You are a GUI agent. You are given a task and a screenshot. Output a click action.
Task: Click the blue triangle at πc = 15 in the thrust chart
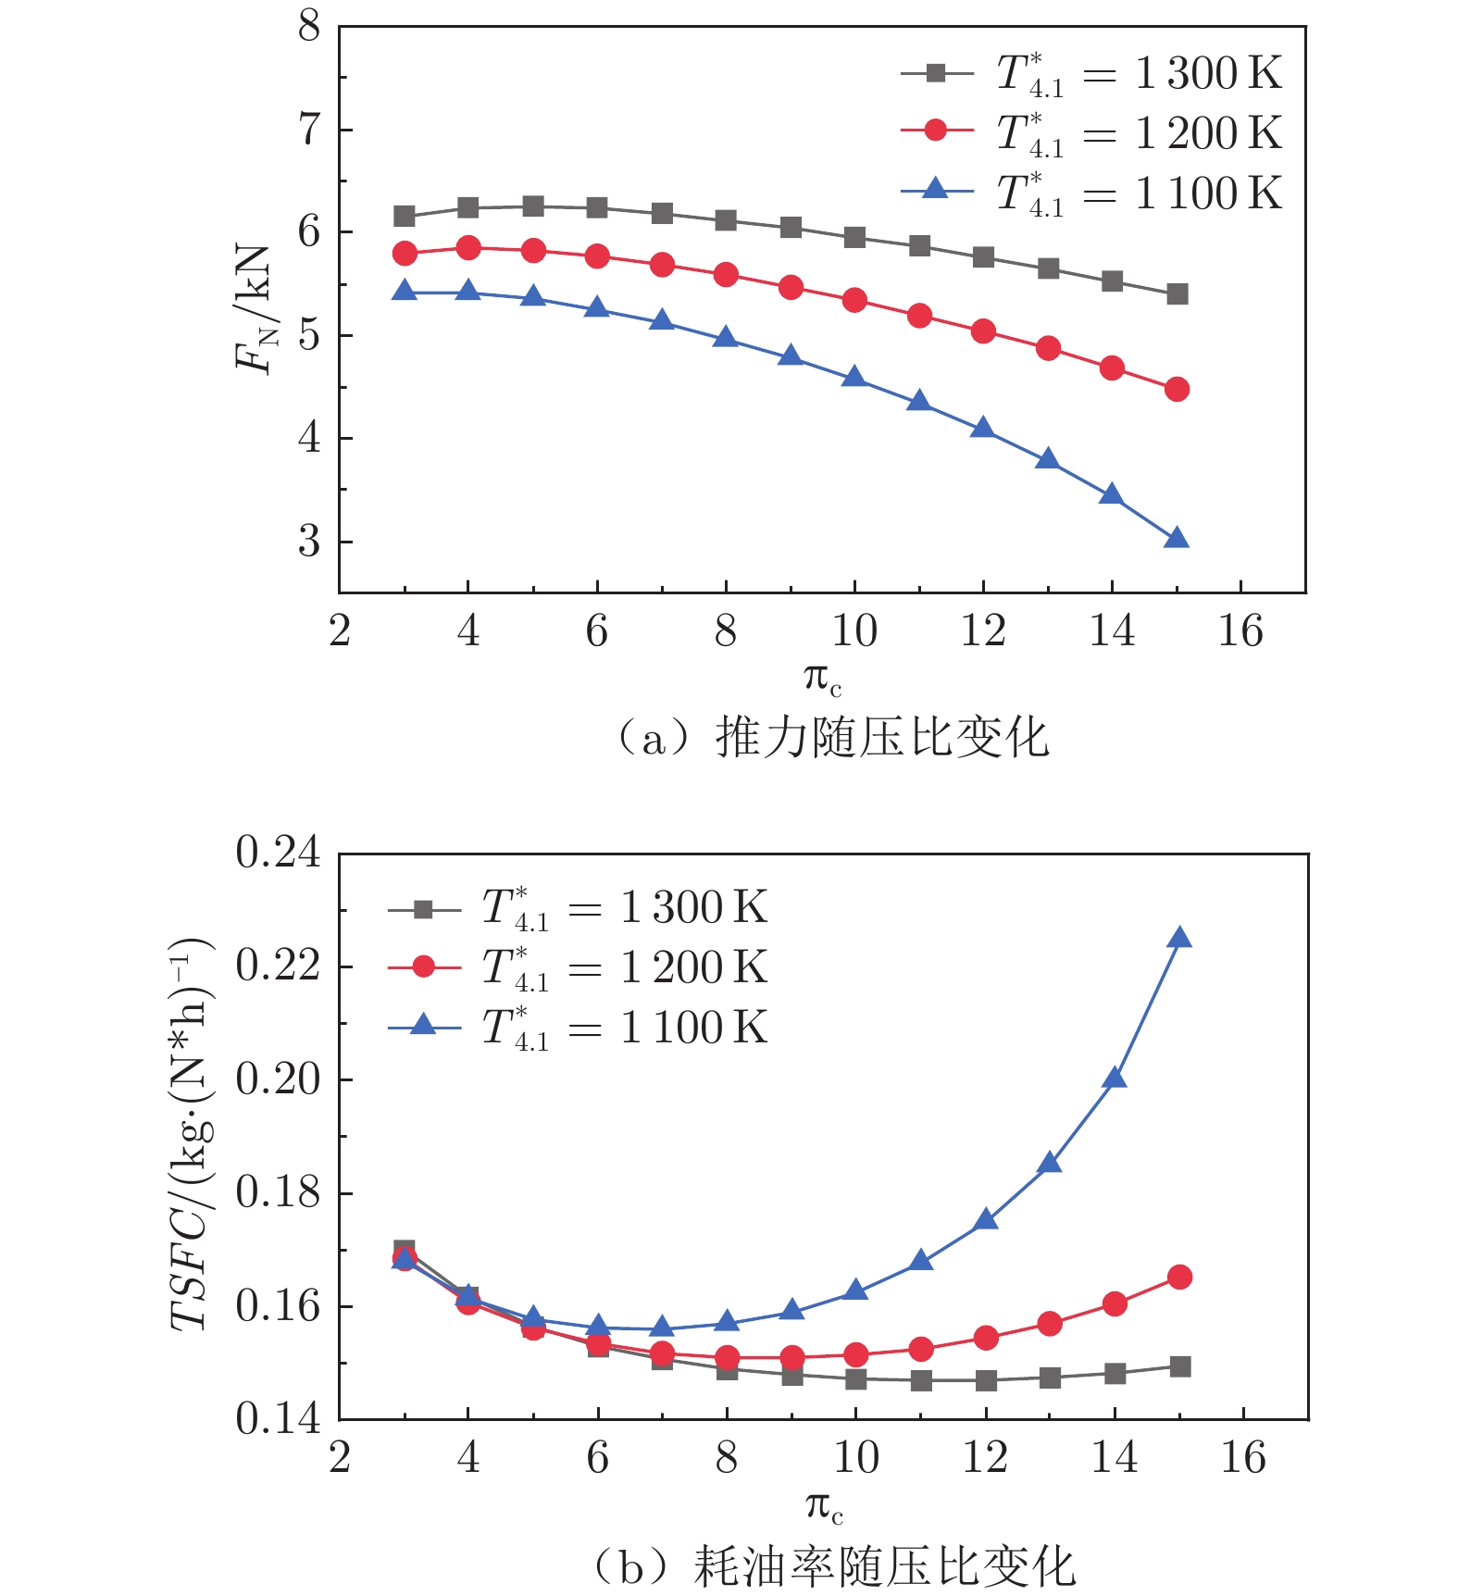[x=1176, y=539]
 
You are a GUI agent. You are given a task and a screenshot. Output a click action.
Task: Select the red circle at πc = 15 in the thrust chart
[x=1177, y=389]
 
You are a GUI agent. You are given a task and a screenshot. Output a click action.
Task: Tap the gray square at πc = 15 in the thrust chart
[x=1177, y=294]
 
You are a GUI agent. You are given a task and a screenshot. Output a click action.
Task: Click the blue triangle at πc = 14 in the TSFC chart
[x=1115, y=1079]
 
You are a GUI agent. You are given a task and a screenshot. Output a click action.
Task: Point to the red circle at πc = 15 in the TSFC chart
[x=1179, y=1278]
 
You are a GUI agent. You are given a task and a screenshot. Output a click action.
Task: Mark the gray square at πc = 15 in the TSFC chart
[x=1179, y=1366]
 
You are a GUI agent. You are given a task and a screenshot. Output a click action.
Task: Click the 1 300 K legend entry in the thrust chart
[x=1092, y=73]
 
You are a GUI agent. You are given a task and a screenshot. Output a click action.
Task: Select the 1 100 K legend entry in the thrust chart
[x=1092, y=193]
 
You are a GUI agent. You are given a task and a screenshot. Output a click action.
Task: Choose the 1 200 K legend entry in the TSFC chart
[x=579, y=967]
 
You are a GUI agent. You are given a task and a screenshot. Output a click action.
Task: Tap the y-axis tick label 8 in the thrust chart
[x=309, y=27]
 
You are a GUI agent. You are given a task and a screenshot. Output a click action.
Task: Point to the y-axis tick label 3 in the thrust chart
[x=309, y=541]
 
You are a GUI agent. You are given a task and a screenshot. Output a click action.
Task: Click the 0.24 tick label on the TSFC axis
[x=278, y=853]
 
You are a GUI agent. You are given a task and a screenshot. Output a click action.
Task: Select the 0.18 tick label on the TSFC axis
[x=278, y=1192]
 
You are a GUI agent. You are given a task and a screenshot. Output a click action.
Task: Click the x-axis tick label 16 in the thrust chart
[x=1240, y=631]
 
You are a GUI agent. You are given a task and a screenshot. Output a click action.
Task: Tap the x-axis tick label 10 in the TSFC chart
[x=855, y=1458]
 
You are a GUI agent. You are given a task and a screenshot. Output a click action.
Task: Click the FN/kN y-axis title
[x=254, y=310]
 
